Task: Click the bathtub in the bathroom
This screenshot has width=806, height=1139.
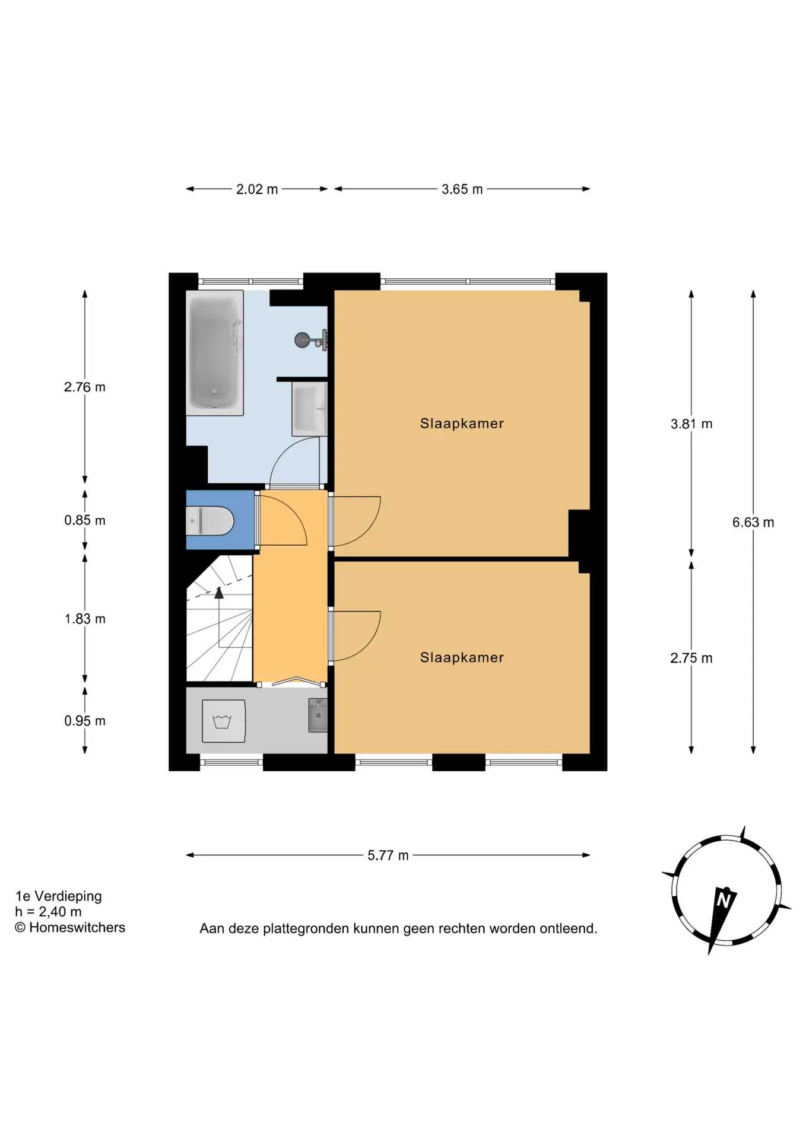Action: (215, 352)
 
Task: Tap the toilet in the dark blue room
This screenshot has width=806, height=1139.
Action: (210, 520)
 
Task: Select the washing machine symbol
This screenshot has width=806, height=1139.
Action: (224, 721)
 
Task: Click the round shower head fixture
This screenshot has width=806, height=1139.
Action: (302, 340)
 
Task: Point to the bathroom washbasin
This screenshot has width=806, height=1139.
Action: (309, 409)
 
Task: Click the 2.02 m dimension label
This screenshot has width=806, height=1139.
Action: (257, 189)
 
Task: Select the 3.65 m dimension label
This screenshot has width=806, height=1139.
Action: (462, 189)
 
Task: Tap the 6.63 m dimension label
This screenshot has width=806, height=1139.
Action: (753, 523)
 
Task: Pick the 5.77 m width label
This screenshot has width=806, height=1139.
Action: (388, 855)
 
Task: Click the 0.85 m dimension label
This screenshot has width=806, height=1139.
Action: (85, 520)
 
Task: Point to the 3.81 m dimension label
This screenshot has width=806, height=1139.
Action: (691, 424)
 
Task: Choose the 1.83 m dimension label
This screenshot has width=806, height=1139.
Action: (85, 619)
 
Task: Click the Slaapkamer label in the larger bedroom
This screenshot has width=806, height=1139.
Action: (462, 424)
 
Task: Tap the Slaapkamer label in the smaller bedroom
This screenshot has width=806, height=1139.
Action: (462, 657)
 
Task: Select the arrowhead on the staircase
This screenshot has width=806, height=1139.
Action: (219, 592)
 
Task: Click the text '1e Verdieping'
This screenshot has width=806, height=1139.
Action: (59, 896)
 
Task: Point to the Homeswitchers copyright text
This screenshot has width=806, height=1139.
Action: (70, 928)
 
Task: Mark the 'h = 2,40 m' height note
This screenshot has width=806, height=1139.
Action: (49, 912)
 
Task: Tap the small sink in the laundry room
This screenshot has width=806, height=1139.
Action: (318, 715)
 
